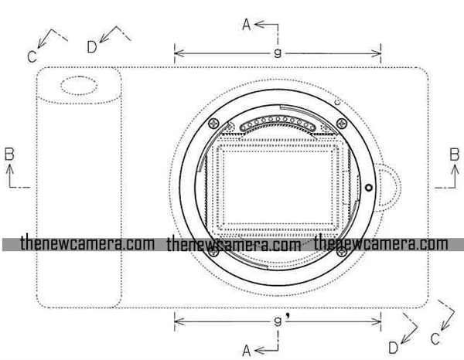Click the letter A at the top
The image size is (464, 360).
[x=246, y=24]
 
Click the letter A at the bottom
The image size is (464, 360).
[x=246, y=351]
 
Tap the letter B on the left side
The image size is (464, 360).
[x=9, y=155]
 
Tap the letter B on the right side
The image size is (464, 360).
[x=454, y=155]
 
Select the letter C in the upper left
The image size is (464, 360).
[x=32, y=56]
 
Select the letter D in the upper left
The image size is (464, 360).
[x=92, y=46]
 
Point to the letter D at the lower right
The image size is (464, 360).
[x=393, y=348]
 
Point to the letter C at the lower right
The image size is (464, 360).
[x=435, y=338]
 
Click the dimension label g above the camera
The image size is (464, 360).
[x=278, y=53]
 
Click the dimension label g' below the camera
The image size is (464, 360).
[x=281, y=321]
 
